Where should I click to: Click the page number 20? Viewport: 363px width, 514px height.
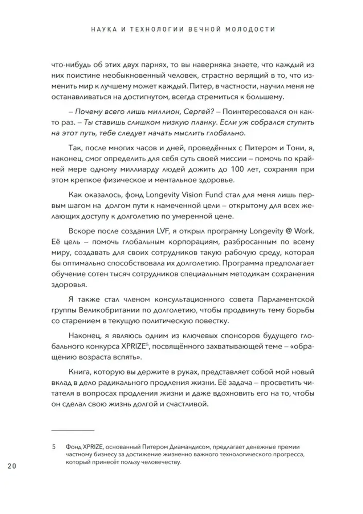point(12,466)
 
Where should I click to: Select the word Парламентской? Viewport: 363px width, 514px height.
point(286,300)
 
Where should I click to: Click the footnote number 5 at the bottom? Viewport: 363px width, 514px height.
point(54,447)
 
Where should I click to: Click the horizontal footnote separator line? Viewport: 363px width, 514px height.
point(73,430)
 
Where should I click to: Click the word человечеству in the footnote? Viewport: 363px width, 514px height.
point(160,462)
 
